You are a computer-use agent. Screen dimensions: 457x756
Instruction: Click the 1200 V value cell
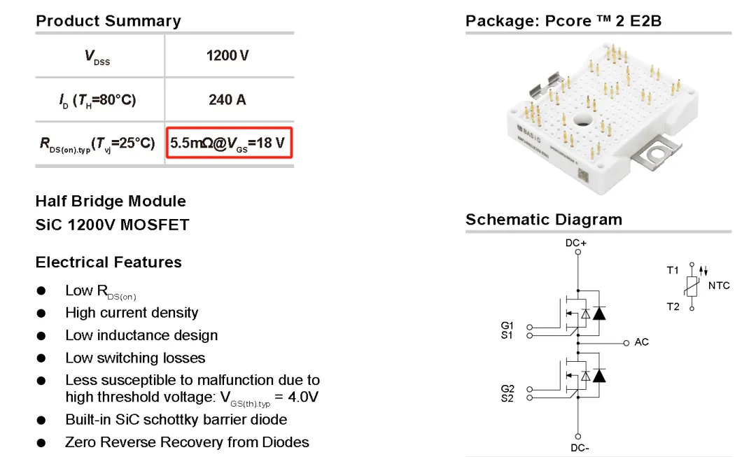point(227,55)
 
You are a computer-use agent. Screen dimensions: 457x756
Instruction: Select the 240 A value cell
point(227,99)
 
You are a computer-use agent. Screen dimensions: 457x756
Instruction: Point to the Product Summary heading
point(108,21)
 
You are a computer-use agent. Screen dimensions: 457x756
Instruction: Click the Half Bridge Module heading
point(111,202)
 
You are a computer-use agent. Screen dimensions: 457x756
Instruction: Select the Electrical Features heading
point(108,262)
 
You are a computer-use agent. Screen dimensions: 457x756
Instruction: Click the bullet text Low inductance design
point(141,335)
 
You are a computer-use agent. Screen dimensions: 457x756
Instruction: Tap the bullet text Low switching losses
point(135,358)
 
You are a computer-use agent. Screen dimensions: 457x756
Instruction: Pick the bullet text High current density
point(132,313)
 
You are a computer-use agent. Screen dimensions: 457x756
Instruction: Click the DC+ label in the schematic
point(576,244)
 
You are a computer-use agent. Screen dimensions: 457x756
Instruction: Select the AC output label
point(641,342)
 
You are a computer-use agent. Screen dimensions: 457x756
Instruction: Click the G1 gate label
point(507,325)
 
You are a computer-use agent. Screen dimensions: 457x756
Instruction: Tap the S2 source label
point(507,398)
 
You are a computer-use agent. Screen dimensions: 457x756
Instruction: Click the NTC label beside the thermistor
point(719,286)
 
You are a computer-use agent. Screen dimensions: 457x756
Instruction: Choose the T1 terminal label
point(673,269)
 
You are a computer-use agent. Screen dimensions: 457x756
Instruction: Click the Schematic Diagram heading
point(544,220)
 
